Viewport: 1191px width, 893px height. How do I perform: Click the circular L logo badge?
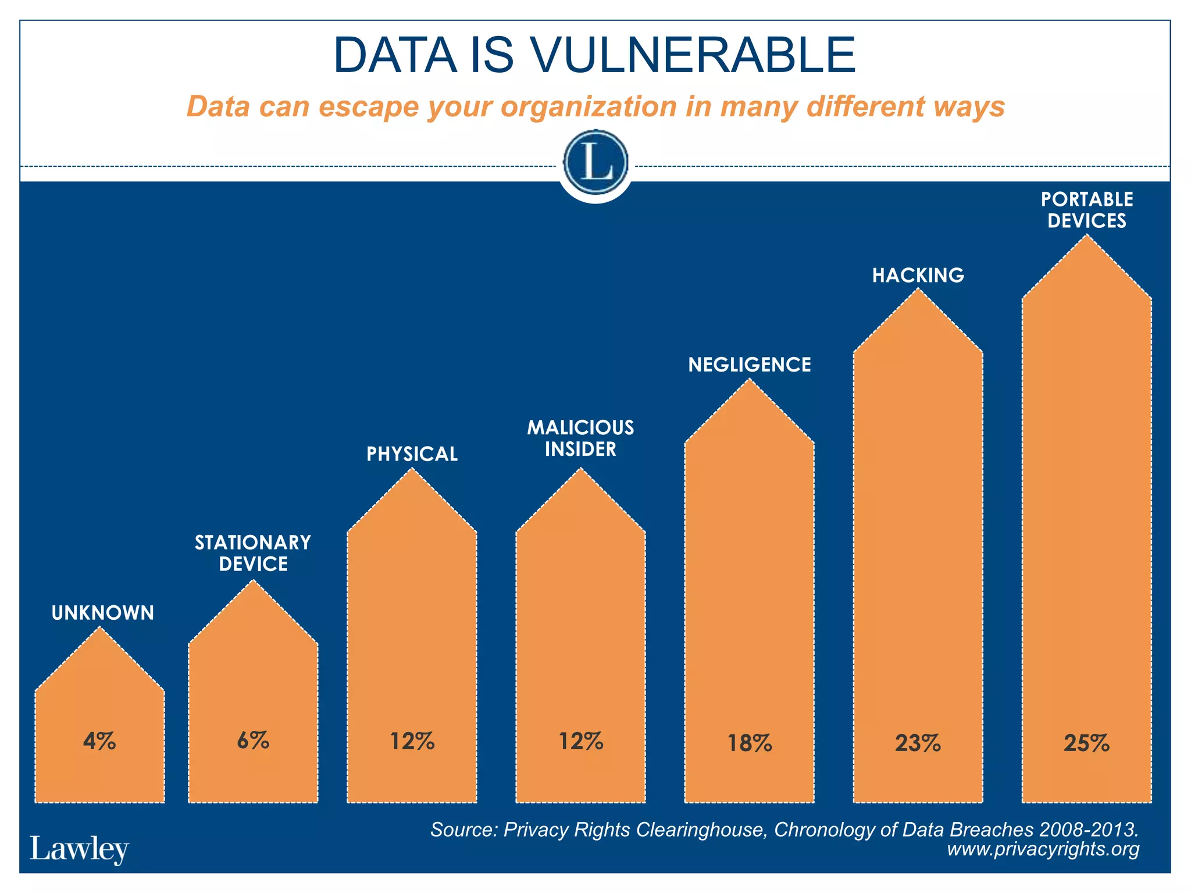595,163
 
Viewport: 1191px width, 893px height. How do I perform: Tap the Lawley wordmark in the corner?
79,849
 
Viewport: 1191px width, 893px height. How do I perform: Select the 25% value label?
1086,743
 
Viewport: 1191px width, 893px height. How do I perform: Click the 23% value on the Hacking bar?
918,743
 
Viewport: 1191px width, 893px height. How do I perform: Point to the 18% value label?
750,743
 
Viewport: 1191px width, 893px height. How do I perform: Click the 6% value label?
253,741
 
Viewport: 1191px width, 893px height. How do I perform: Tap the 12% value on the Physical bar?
412,741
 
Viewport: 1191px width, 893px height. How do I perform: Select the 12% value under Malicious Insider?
580,741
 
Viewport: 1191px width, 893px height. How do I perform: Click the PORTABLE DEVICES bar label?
1086,210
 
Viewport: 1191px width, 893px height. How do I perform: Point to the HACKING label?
918,275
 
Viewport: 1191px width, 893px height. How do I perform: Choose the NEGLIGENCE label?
750,365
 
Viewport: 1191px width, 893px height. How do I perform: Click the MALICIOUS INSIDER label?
580,438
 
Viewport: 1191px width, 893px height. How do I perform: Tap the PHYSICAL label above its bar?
412,454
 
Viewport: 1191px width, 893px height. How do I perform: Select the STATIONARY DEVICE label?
253,553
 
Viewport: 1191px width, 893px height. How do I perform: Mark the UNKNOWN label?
103,613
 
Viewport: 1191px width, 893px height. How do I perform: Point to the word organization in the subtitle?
589,107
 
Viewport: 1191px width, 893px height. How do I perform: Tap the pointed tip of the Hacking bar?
918,291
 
